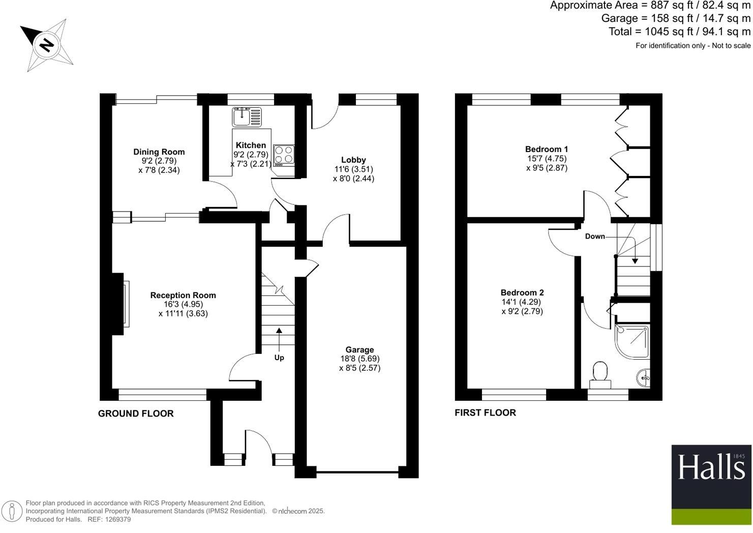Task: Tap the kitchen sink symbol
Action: (x=247, y=117)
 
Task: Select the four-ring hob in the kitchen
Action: (x=284, y=155)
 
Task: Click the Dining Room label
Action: (x=159, y=152)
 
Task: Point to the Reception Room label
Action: (x=183, y=295)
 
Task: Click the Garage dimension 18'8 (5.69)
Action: (x=359, y=359)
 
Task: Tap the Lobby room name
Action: (x=353, y=160)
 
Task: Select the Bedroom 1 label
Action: (x=547, y=150)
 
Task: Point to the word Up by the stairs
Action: (x=279, y=358)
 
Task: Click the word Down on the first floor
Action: (x=595, y=236)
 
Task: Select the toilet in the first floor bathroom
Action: (x=600, y=374)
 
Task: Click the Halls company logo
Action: (x=711, y=485)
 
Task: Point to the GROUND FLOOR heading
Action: (x=136, y=414)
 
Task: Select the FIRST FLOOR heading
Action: (x=485, y=413)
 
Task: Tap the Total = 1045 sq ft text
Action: (x=679, y=32)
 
